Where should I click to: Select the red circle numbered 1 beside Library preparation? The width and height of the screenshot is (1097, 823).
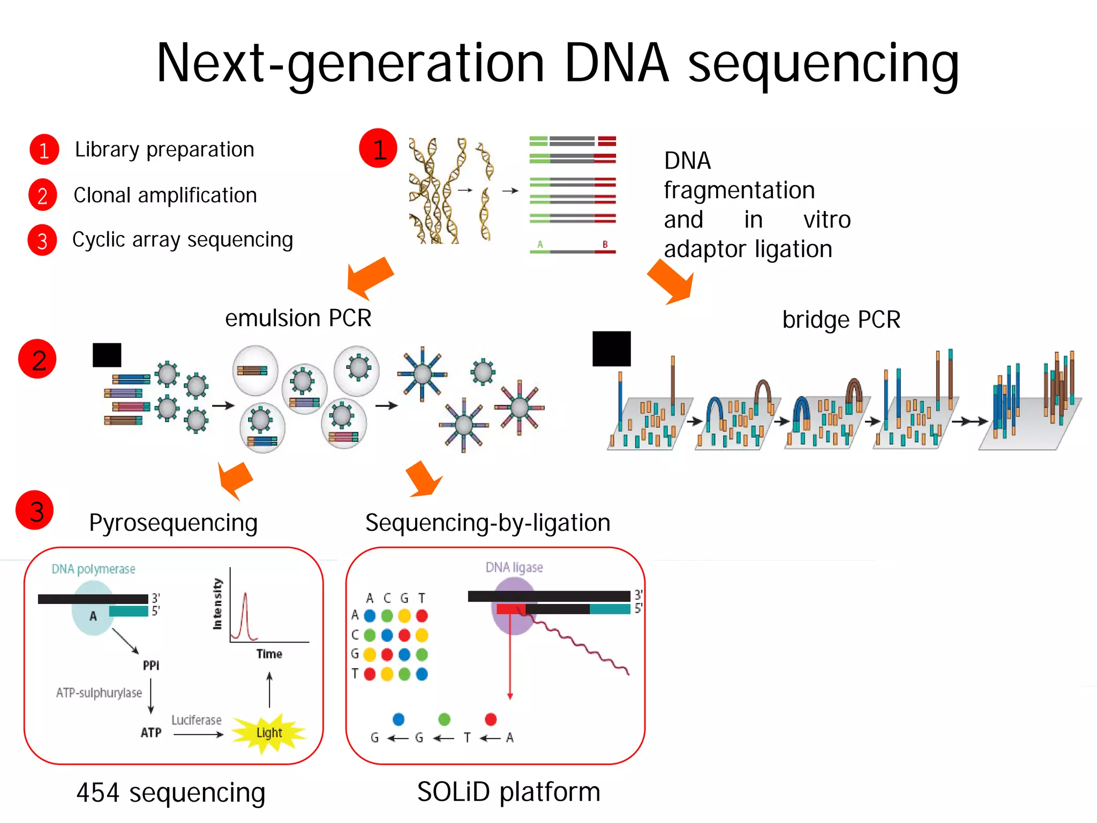[44, 149]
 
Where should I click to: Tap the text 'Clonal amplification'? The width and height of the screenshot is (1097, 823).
[165, 195]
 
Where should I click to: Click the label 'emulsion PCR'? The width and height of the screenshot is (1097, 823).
[298, 318]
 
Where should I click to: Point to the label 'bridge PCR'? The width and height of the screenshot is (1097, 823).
[841, 320]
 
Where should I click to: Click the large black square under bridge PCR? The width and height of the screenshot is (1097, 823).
[611, 349]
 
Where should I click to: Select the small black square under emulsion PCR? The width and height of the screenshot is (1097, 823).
[107, 355]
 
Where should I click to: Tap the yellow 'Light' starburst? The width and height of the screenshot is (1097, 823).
[269, 733]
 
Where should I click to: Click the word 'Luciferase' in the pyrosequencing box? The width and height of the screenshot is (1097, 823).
[196, 720]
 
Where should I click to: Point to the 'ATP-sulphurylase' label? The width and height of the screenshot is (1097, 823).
[99, 693]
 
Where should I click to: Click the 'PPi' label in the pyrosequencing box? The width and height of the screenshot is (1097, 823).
[151, 666]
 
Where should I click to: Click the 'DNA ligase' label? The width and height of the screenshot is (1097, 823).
[514, 568]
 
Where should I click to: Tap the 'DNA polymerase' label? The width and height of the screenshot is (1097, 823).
[93, 569]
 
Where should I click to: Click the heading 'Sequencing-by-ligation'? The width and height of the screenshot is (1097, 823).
[487, 523]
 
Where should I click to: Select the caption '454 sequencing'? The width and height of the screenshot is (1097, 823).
[170, 792]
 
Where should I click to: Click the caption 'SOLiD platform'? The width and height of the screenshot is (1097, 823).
[508, 791]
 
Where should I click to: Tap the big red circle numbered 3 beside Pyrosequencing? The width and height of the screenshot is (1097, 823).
[35, 510]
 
